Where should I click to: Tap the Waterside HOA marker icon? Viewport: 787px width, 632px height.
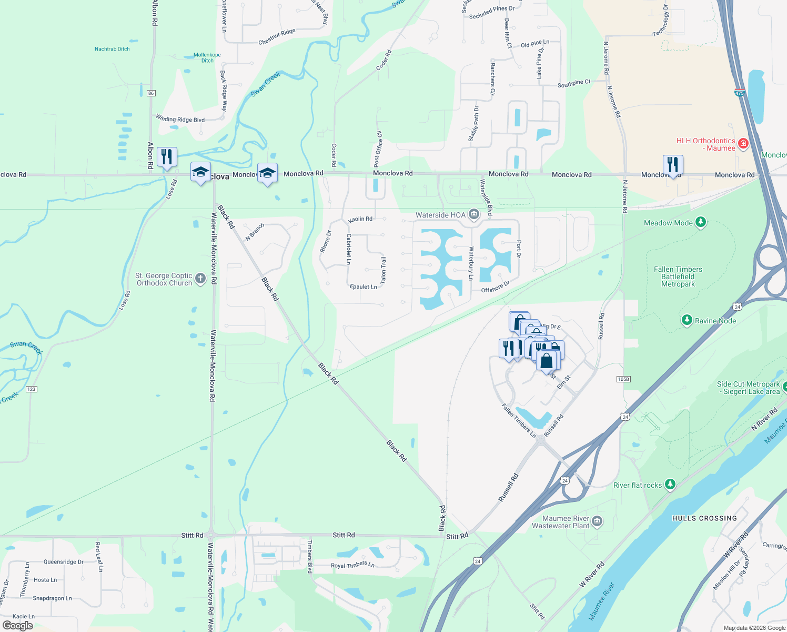tap(473, 214)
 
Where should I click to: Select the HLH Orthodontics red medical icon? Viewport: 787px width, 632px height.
tap(743, 143)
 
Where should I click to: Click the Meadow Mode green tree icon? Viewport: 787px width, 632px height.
tap(700, 222)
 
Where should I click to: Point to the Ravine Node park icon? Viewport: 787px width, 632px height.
tap(687, 320)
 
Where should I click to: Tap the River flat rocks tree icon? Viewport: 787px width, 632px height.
tap(670, 484)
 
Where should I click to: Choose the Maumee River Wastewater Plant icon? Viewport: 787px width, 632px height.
tap(597, 521)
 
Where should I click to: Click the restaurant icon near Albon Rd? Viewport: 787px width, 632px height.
tap(167, 157)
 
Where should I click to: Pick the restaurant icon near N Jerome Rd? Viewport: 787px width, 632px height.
tap(673, 165)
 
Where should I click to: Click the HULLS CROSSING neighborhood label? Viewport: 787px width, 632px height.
tap(704, 518)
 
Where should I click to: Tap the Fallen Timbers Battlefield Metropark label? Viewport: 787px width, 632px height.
tap(678, 276)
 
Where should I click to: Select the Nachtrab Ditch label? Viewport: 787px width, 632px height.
tap(112, 49)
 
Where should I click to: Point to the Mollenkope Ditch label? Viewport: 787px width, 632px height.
tap(207, 57)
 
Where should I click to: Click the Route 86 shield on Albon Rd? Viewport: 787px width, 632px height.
tap(151, 93)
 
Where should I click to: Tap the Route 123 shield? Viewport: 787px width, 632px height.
tap(31, 389)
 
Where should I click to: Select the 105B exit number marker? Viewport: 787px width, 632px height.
tap(623, 379)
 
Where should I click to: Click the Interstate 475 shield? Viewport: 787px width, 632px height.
tap(739, 93)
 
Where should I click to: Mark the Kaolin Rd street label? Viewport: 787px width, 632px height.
tap(360, 219)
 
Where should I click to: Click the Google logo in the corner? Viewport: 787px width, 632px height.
tap(18, 626)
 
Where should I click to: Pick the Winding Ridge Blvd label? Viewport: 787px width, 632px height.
tap(180, 119)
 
